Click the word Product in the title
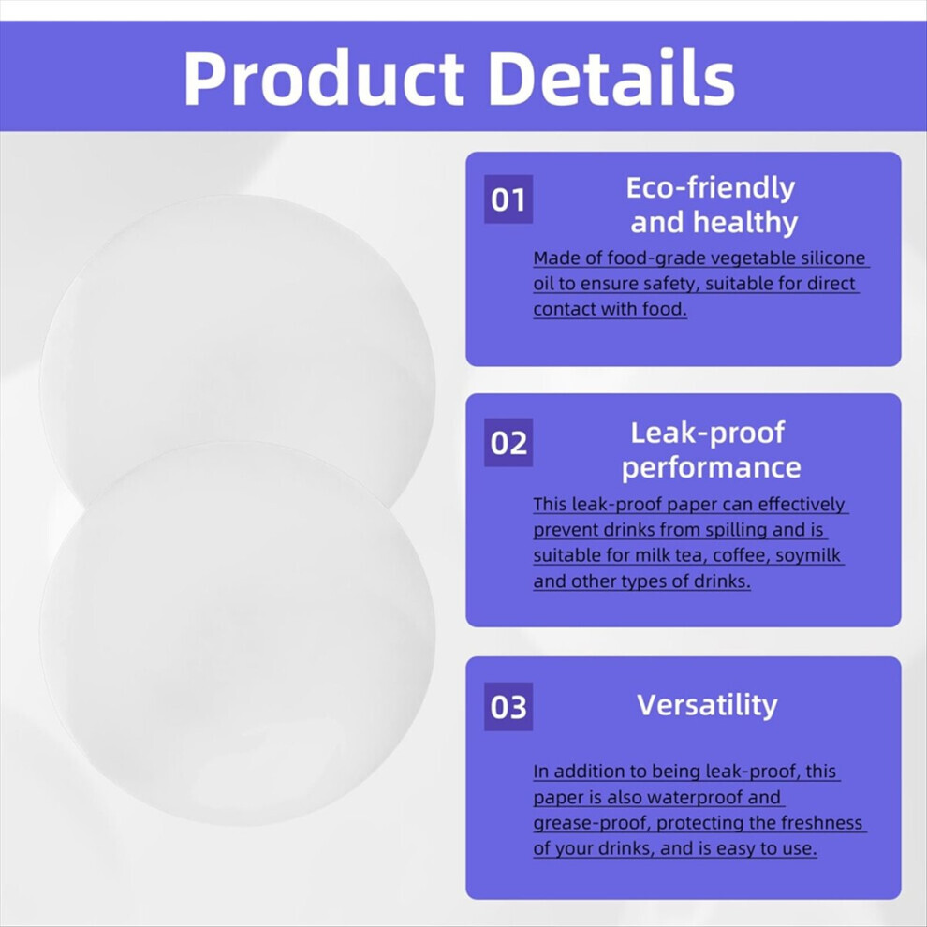tap(324, 79)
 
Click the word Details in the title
tap(611, 77)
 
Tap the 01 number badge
tap(508, 199)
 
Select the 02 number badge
tap(508, 443)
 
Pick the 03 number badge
tap(508, 707)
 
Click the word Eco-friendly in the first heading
tap(710, 188)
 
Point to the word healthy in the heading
tap(745, 222)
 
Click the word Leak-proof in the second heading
tap(707, 433)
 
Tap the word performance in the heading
tap(712, 467)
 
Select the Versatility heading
tap(707, 705)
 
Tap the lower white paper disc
tap(238, 633)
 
